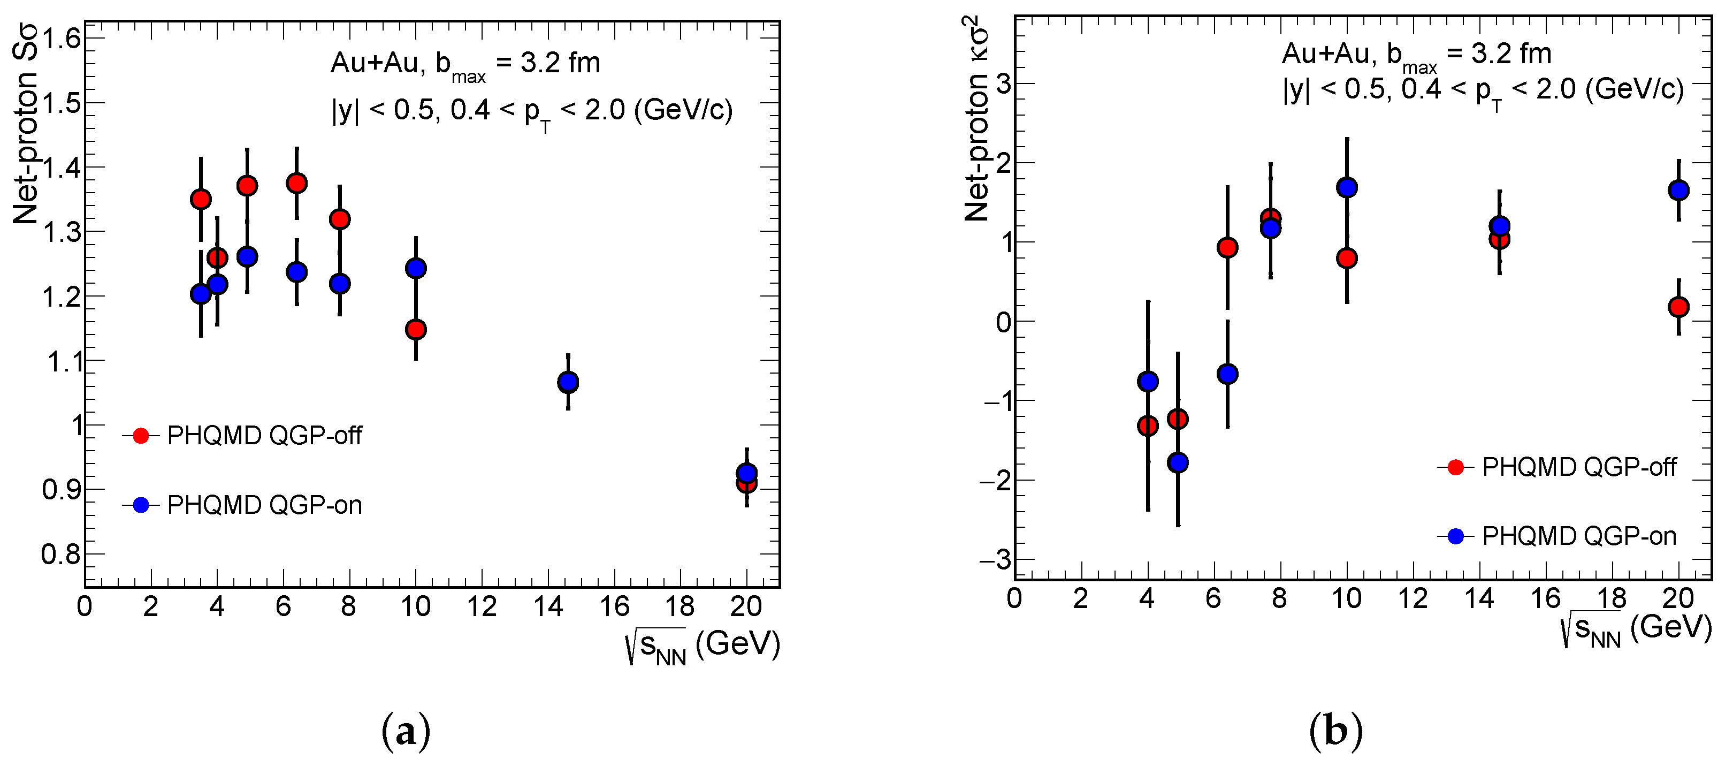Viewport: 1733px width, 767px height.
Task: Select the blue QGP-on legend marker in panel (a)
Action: [x=141, y=505]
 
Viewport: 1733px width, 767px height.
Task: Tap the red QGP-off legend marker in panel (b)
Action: [x=1455, y=467]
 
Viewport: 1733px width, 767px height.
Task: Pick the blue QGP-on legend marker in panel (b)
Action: [x=1455, y=536]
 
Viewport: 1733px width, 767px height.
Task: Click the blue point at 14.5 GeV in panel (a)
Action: [x=568, y=382]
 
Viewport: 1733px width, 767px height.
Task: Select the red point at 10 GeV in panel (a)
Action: [x=416, y=329]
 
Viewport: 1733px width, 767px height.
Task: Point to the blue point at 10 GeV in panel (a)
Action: [x=416, y=268]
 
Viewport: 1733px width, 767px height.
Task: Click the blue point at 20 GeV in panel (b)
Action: [x=1678, y=191]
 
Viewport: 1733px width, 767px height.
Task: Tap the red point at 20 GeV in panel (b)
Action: [x=1678, y=307]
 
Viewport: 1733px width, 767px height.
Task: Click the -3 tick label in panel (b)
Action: [x=996, y=560]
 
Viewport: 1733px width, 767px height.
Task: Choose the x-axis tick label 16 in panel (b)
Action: [x=1545, y=598]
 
